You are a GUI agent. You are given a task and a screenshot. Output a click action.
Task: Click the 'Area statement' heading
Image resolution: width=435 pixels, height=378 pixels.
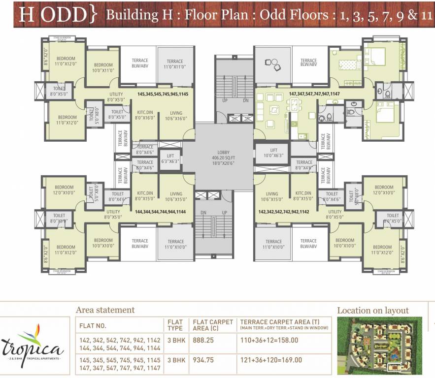[x=105, y=310]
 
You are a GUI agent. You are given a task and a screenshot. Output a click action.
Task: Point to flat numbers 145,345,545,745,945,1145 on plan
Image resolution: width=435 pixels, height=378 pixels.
[x=163, y=93]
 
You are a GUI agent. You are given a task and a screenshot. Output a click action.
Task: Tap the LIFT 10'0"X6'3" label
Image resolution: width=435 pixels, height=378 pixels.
[x=273, y=153]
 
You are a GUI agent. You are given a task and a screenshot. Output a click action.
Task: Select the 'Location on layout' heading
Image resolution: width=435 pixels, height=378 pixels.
[x=372, y=310]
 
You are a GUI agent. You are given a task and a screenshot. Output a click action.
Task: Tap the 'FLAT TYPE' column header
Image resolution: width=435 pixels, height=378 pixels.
[x=175, y=325]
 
